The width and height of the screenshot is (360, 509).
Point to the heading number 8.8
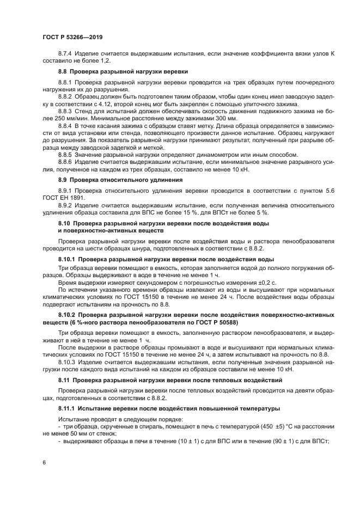point(63,72)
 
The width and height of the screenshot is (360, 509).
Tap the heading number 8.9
point(63,179)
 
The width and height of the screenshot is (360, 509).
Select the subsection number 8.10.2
point(67,315)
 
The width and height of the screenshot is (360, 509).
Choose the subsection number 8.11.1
point(67,408)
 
